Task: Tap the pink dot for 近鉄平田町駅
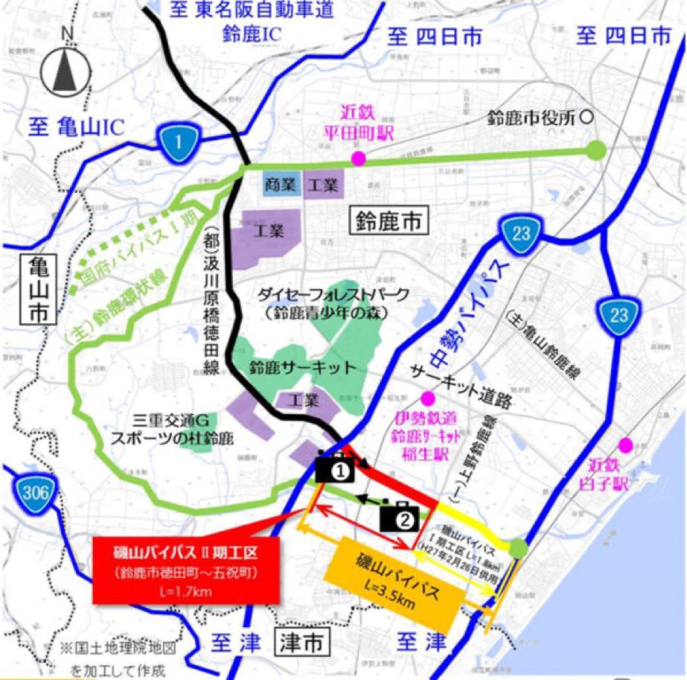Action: tap(359, 158)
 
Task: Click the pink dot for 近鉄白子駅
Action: tap(625, 445)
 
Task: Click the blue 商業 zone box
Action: tap(281, 183)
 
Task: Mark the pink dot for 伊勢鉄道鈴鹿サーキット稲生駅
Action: tap(426, 397)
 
